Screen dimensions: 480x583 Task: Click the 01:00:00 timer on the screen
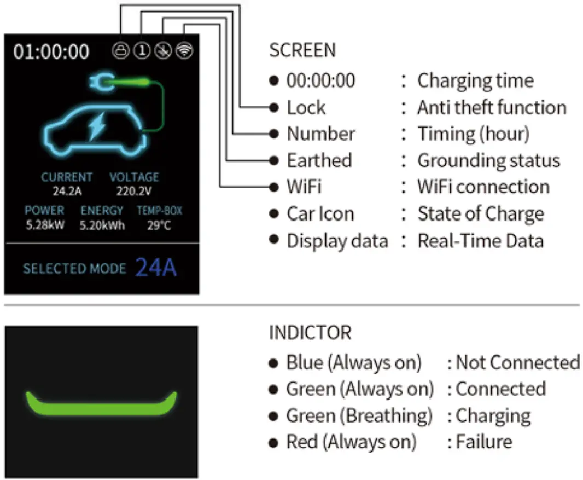[x=51, y=51]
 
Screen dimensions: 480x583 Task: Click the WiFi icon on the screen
[x=185, y=51]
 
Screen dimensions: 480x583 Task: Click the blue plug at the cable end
[x=100, y=83]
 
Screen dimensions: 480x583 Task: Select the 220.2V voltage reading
[x=133, y=192]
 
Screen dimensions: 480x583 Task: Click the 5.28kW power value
[x=45, y=225]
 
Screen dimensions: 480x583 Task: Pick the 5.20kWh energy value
[x=102, y=225]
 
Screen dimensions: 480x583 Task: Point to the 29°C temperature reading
[x=159, y=225]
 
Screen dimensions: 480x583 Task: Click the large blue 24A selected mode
[x=156, y=268]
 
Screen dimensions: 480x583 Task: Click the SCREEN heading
[x=302, y=50]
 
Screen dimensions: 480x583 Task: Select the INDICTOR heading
[x=310, y=333]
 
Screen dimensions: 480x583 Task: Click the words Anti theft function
[x=492, y=107]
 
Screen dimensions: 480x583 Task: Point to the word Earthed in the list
[x=319, y=160]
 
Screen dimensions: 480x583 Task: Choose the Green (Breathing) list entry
[x=359, y=415]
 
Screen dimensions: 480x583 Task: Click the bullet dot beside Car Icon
[x=274, y=214]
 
